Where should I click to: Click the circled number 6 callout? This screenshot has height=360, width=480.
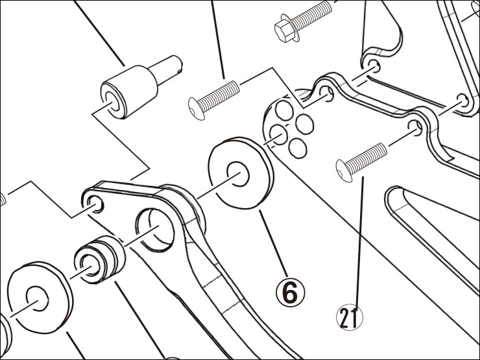click(289, 292)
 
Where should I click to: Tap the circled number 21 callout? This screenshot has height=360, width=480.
click(350, 317)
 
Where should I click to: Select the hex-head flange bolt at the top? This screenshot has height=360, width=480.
click(304, 20)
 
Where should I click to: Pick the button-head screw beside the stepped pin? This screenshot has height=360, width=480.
click(213, 95)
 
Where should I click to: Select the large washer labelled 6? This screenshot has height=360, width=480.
click(239, 173)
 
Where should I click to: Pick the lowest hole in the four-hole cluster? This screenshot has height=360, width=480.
click(297, 149)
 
